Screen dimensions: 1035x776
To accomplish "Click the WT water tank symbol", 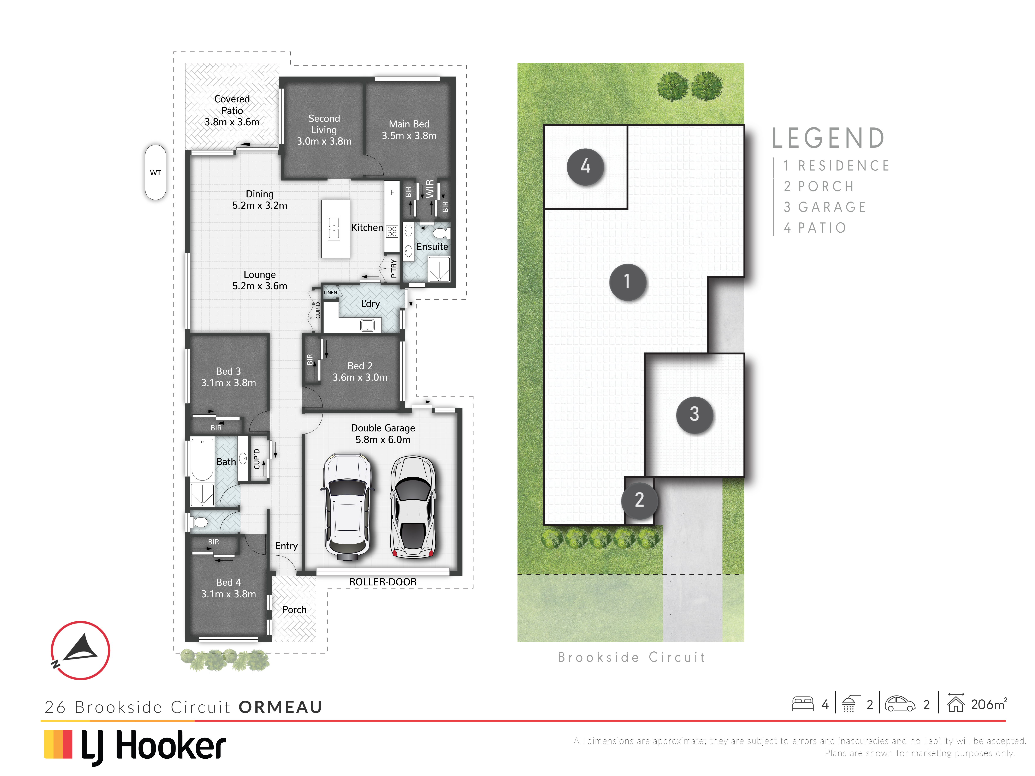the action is (x=155, y=172).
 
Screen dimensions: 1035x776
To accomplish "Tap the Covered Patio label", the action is (x=232, y=105).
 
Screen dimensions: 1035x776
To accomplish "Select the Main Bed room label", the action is (x=409, y=124).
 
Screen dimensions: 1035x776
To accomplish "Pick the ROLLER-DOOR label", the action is (x=383, y=582).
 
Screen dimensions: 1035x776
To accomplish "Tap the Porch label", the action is (x=294, y=609).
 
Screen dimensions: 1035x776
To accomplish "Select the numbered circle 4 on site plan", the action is (x=585, y=167).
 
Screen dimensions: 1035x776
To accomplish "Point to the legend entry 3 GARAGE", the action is (x=825, y=207).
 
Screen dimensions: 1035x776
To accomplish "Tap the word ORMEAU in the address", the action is (x=280, y=707).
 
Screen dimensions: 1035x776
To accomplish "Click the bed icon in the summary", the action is (x=803, y=704).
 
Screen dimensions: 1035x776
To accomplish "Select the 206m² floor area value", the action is (x=989, y=704).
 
